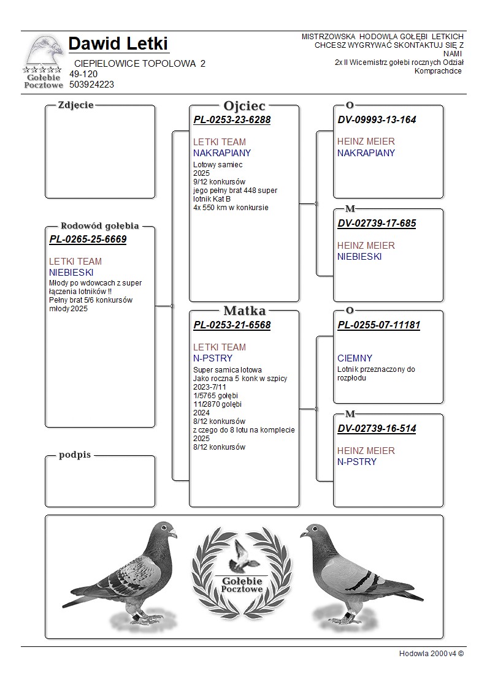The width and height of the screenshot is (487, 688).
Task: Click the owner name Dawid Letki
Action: coord(118,44)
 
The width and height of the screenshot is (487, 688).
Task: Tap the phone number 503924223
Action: coord(91,85)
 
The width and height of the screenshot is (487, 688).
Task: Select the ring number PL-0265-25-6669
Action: coord(88,240)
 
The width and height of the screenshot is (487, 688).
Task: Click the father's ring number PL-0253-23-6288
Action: coord(232,120)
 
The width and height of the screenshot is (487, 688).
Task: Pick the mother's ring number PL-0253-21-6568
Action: coord(232,325)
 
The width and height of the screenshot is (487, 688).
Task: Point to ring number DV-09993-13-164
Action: coord(377,120)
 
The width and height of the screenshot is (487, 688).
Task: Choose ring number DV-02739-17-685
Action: coord(377,224)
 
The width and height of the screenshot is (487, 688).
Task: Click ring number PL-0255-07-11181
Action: coord(378,325)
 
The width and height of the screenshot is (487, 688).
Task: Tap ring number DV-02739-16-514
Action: coord(377,429)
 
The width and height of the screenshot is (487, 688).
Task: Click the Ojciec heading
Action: coord(244,106)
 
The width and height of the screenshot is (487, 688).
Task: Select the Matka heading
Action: coord(244,311)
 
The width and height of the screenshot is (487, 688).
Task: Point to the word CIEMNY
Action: coord(355,358)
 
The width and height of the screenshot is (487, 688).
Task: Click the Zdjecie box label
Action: coord(75,105)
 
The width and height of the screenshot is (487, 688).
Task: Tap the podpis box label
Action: coord(75,455)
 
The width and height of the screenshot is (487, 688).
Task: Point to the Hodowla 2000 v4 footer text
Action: coord(431,654)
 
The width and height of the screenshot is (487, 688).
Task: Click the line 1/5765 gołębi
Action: coord(215,396)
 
